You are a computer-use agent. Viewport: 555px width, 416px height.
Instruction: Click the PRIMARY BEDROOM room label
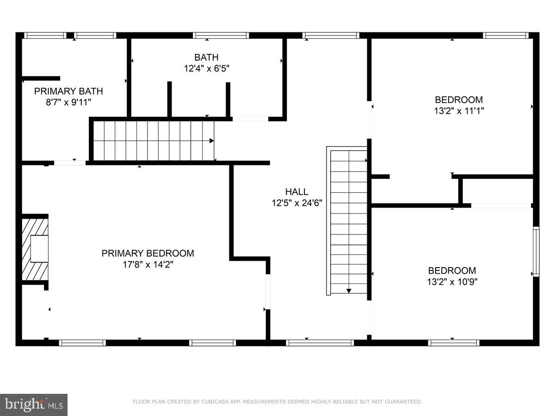click(x=148, y=253)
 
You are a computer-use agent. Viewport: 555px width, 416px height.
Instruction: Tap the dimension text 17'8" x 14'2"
click(x=148, y=265)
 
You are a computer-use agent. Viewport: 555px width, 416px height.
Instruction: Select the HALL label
click(x=296, y=191)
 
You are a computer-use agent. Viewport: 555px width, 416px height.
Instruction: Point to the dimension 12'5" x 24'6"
click(x=296, y=202)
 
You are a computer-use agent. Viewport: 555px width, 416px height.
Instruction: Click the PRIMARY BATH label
click(x=68, y=91)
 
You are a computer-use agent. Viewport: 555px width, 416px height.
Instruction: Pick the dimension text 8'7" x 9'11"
click(x=68, y=102)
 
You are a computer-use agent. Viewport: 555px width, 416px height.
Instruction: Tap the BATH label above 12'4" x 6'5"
click(x=206, y=57)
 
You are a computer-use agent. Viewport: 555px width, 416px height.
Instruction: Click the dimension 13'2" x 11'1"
click(x=458, y=111)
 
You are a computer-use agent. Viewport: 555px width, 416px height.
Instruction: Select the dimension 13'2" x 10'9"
click(x=452, y=282)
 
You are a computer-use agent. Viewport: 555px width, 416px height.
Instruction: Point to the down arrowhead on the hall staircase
click(x=349, y=291)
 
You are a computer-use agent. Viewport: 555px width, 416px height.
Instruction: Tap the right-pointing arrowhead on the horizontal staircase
click(x=211, y=141)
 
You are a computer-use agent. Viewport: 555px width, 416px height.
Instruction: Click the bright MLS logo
click(x=34, y=405)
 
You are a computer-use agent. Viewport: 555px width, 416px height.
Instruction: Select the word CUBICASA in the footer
click(x=210, y=402)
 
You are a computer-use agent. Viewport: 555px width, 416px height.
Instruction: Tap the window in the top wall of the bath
click(x=221, y=35)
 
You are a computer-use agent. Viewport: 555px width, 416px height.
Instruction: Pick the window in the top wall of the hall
click(x=331, y=35)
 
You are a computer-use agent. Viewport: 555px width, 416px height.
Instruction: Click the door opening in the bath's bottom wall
click(x=250, y=119)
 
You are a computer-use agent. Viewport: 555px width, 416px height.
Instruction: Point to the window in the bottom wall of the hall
click(x=320, y=343)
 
